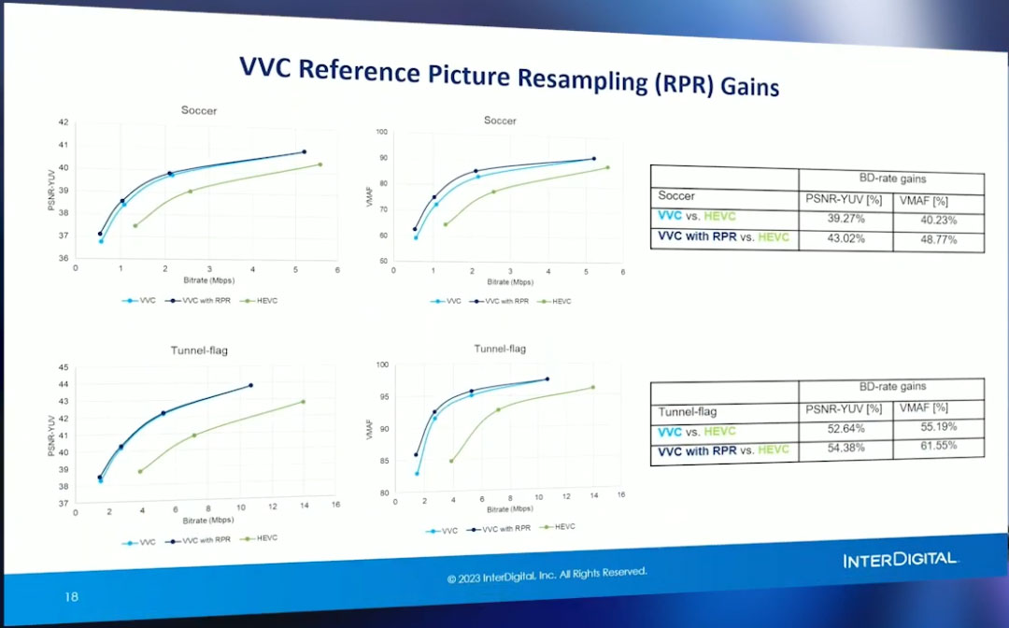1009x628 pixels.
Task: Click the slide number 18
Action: click(72, 595)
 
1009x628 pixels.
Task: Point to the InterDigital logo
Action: click(900, 560)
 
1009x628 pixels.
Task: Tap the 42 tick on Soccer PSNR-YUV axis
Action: click(63, 122)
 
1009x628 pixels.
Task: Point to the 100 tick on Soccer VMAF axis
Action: click(381, 132)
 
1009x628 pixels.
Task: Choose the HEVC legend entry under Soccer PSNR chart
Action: click(262, 301)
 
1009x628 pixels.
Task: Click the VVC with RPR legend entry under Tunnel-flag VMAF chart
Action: click(500, 528)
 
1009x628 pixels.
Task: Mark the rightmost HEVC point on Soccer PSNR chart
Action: click(320, 164)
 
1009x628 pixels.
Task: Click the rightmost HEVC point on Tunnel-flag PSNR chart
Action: click(303, 402)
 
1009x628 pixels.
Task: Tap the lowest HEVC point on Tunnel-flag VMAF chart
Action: click(451, 461)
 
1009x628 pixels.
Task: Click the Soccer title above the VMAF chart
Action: click(500, 121)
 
